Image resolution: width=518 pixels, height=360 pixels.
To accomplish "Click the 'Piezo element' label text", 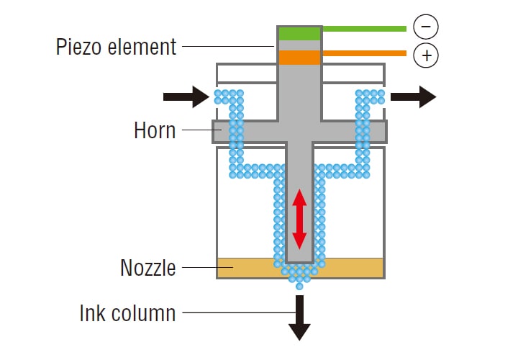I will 116,48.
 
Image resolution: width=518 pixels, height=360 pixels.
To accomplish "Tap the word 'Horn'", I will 154,131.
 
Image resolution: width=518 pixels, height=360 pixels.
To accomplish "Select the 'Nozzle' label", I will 147,268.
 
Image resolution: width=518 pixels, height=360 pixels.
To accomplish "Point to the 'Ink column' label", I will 127,313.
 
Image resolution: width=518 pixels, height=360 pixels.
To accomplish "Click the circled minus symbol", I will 426,28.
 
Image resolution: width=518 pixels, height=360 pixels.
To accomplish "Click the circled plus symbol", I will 426,55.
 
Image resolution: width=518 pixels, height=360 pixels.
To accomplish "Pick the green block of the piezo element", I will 299,33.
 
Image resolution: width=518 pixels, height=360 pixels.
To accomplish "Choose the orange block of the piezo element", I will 299,58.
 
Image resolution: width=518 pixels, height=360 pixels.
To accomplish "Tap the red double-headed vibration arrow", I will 299,219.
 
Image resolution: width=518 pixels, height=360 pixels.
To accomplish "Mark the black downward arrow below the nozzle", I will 299,317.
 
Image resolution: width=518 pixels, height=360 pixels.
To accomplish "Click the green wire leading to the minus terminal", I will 363,29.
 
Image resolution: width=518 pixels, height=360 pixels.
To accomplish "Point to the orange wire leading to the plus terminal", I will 363,53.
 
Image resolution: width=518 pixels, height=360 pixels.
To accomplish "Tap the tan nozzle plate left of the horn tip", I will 245,268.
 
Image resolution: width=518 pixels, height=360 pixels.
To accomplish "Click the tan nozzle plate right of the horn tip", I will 353,268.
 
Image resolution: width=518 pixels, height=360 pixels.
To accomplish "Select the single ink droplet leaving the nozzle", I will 299,287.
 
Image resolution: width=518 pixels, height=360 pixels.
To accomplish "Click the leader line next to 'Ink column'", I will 234,313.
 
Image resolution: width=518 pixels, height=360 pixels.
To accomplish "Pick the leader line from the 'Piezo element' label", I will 227,48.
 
